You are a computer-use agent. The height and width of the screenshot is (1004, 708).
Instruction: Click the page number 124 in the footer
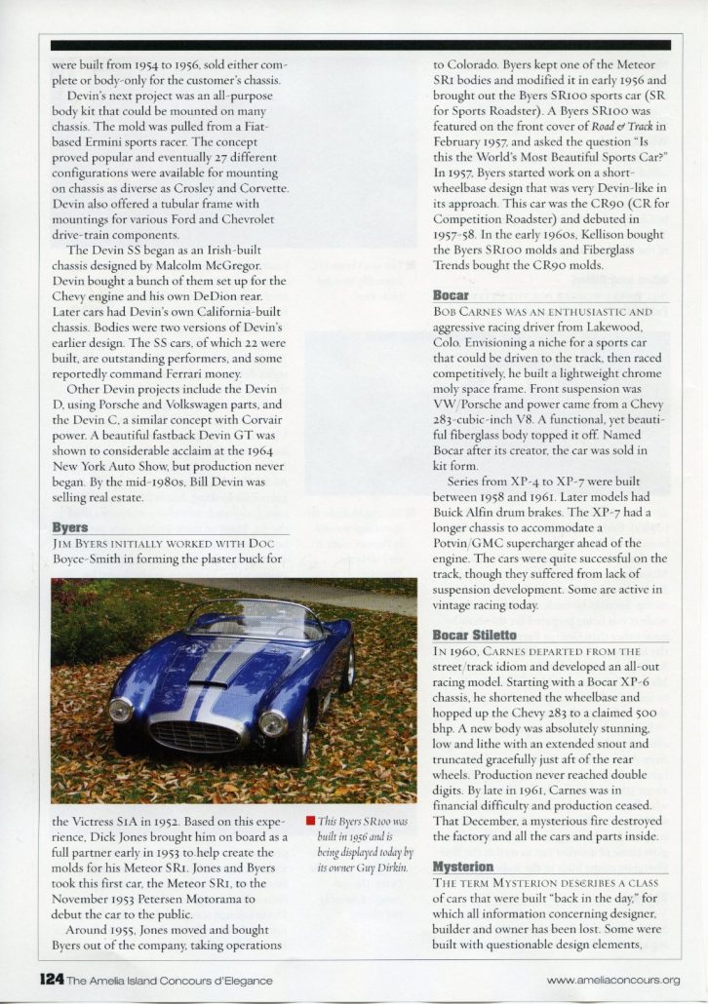pyautogui.click(x=51, y=980)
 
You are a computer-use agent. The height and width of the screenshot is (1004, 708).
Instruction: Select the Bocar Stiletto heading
pyautogui.click(x=477, y=635)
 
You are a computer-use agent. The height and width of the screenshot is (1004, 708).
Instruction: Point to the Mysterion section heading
pyautogui.click(x=464, y=866)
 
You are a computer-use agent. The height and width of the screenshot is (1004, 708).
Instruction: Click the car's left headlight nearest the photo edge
pyautogui.click(x=121, y=710)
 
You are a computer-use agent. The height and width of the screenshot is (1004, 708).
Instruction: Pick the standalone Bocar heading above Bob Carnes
pyautogui.click(x=451, y=294)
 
